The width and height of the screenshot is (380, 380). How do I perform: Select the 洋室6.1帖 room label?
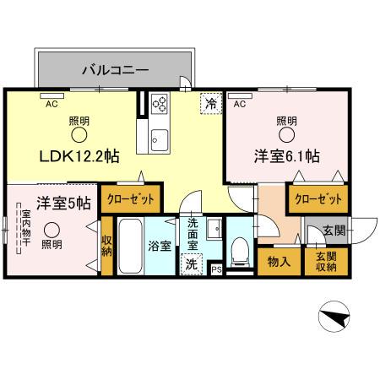286,156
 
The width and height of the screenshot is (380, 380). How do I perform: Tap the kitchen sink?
160,138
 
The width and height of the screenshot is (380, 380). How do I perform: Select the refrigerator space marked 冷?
208,106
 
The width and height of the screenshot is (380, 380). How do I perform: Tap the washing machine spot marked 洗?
192,263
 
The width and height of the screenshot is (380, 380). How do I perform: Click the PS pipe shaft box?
216,269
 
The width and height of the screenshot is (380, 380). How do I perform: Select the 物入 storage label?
280,262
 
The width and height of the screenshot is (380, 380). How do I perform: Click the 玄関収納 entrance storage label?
325,262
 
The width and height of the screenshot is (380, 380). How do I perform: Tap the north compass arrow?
334,318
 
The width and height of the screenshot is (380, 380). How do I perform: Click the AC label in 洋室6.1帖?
239,105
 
